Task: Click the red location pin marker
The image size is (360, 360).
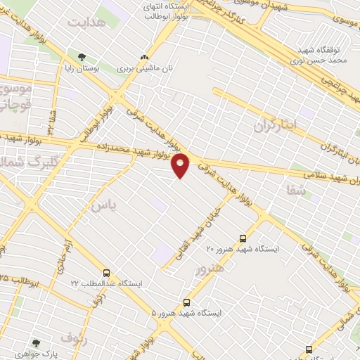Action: (181, 165)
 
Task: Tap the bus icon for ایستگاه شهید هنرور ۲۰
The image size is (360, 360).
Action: (243, 238)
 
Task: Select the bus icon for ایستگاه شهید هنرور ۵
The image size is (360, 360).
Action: (186, 301)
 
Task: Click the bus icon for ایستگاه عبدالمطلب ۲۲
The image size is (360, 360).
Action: (106, 273)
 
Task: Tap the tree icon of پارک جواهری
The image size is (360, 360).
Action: (36, 344)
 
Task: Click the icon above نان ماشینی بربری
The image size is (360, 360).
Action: (145, 58)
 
